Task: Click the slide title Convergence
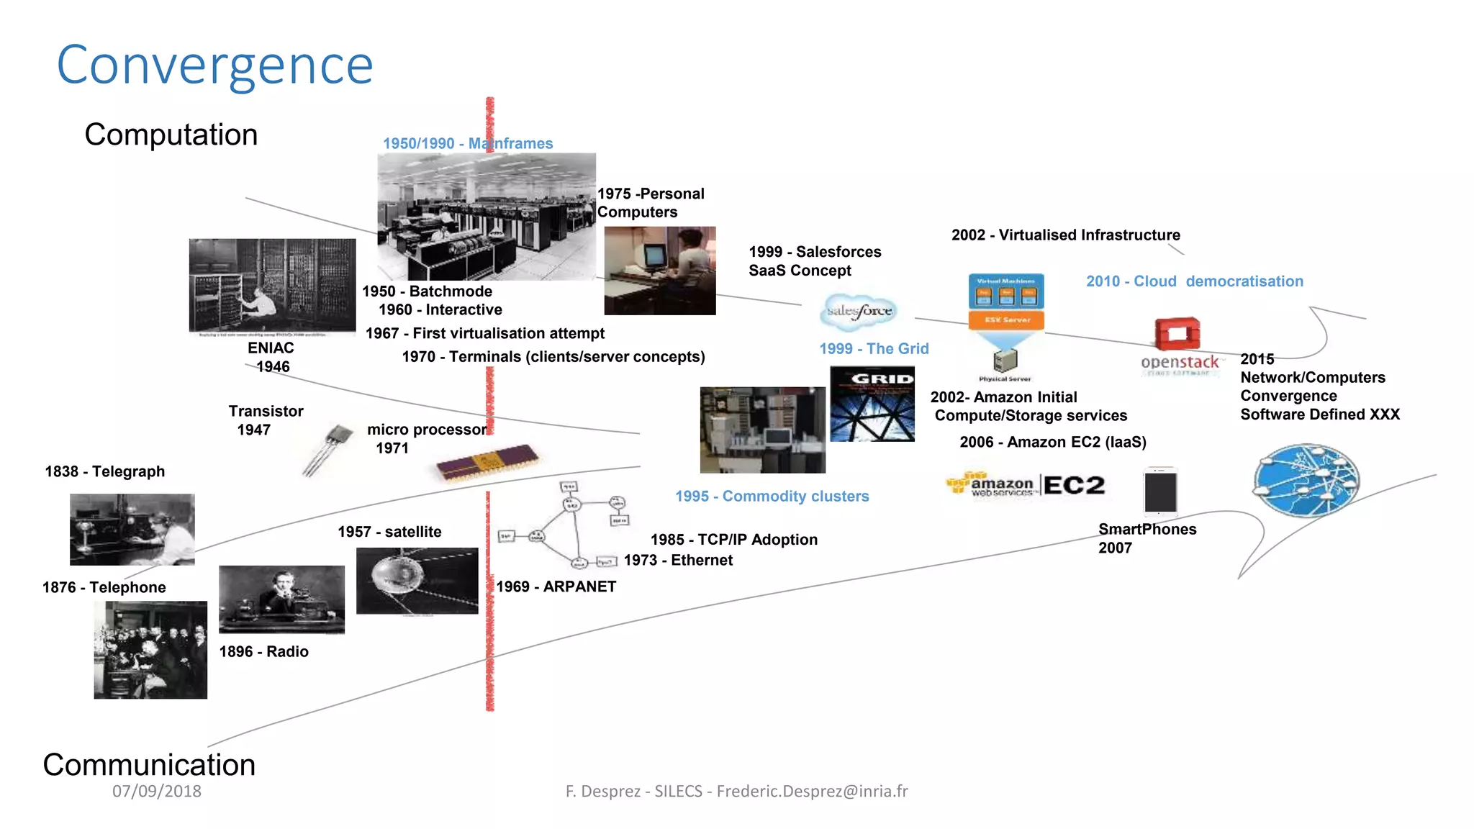214,65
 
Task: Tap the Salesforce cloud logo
859,312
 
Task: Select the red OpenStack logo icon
1177,334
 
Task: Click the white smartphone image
1160,492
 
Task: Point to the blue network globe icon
1306,481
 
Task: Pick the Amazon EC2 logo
1025,485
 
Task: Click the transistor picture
328,449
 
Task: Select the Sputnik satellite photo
417,581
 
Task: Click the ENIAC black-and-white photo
272,286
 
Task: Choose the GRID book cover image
872,404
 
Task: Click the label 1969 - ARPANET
556,586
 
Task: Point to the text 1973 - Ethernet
678,560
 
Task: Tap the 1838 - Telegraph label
105,471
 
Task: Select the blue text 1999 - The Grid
874,349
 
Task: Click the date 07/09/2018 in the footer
157,791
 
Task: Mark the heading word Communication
149,764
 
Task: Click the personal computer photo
659,271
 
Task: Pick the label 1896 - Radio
263,651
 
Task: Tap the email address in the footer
812,791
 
